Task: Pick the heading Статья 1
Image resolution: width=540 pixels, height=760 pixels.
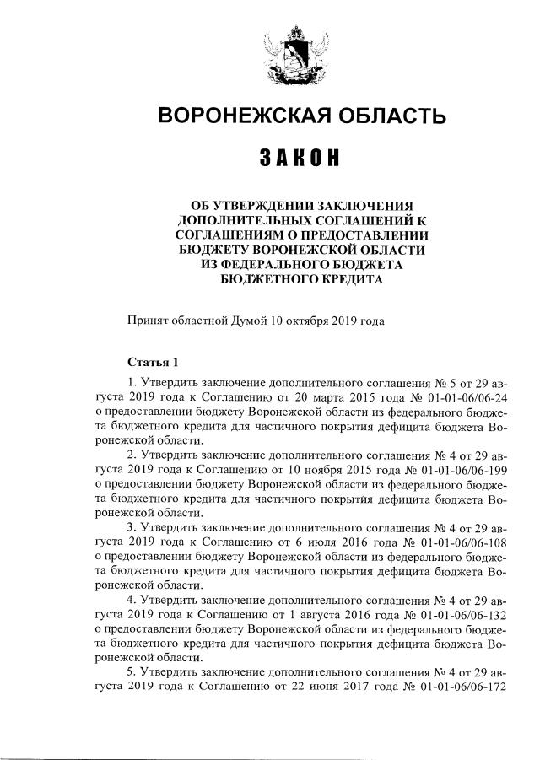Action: pyautogui.click(x=153, y=364)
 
